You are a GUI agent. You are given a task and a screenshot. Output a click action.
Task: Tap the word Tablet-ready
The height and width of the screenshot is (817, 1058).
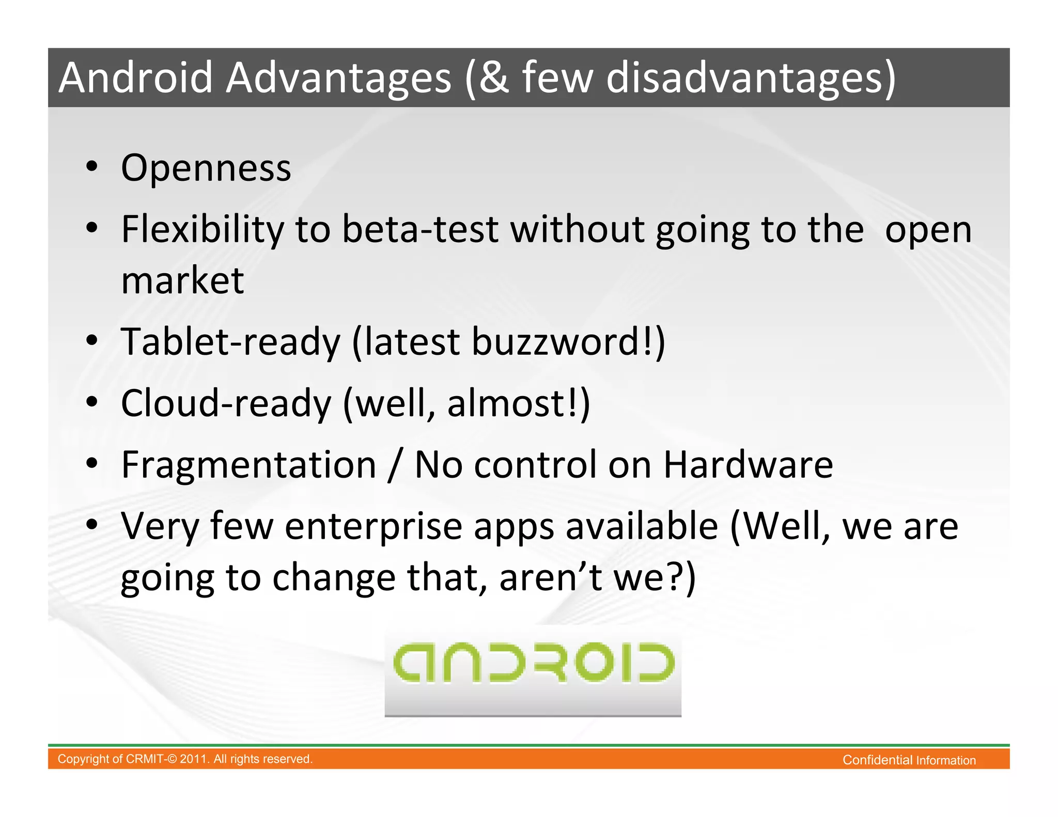pos(230,342)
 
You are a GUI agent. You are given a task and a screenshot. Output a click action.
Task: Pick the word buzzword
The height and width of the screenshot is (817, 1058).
pos(555,342)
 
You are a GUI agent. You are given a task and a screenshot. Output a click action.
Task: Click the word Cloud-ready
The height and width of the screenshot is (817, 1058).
pos(226,403)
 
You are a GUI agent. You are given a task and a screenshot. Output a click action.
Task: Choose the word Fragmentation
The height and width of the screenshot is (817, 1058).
pos(248,465)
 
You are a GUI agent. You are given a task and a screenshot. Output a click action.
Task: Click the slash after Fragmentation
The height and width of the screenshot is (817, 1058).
pos(396,465)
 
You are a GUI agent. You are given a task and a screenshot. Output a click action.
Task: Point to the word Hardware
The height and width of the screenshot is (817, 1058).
pos(748,465)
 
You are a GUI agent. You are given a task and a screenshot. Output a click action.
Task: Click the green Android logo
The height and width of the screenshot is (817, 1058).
pos(533,663)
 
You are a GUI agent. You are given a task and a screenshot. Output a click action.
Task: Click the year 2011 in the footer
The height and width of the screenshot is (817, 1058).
pos(194,759)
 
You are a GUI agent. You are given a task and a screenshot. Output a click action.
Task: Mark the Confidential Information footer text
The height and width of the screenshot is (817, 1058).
pos(909,760)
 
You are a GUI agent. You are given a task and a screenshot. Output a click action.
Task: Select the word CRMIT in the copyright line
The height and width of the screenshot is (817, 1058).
pos(144,759)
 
